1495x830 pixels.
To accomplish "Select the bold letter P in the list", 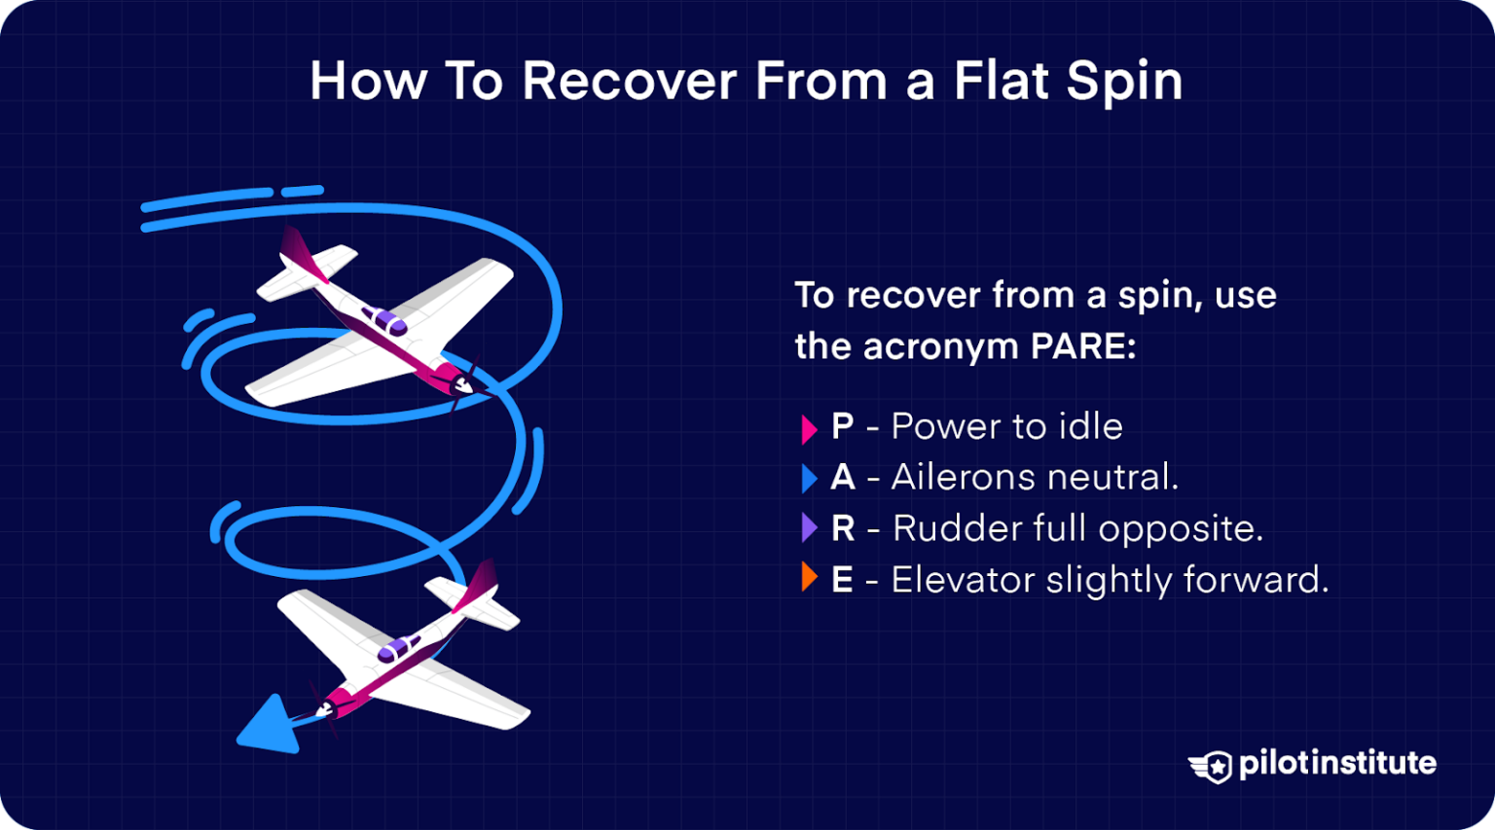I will [842, 426].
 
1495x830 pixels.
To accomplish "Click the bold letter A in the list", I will [842, 477].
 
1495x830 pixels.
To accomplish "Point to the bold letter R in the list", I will [842, 528].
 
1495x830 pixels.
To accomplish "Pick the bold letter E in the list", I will [842, 580].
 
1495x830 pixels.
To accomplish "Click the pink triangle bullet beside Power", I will [808, 428].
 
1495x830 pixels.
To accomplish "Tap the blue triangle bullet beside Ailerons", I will [808, 478].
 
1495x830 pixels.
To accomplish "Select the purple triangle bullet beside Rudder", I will [808, 528].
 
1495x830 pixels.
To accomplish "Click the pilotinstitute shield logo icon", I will [1211, 766].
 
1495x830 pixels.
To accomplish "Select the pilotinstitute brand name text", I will [1337, 763].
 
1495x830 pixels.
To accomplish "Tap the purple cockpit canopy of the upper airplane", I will [383, 320].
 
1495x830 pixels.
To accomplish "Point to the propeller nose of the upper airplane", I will [465, 384].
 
